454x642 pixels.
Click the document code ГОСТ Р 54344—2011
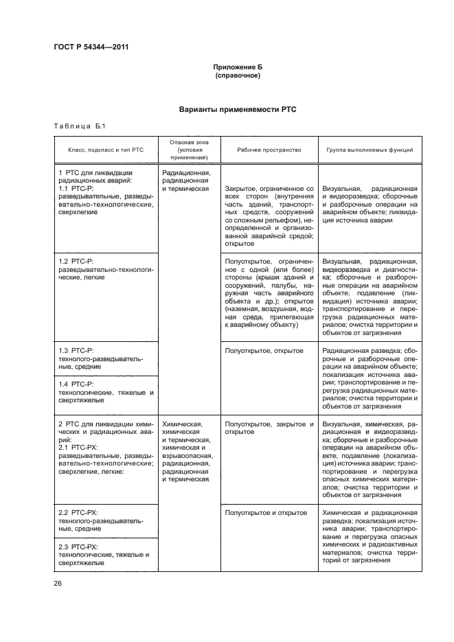[x=91, y=47]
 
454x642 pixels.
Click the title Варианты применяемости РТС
[x=237, y=109]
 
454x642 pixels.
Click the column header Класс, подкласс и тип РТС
[x=105, y=150]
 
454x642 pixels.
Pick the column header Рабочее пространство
[x=269, y=150]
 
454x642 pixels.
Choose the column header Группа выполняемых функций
[x=367, y=150]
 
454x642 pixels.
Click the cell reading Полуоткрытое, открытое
[x=264, y=351]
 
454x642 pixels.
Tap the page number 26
[x=58, y=584]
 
